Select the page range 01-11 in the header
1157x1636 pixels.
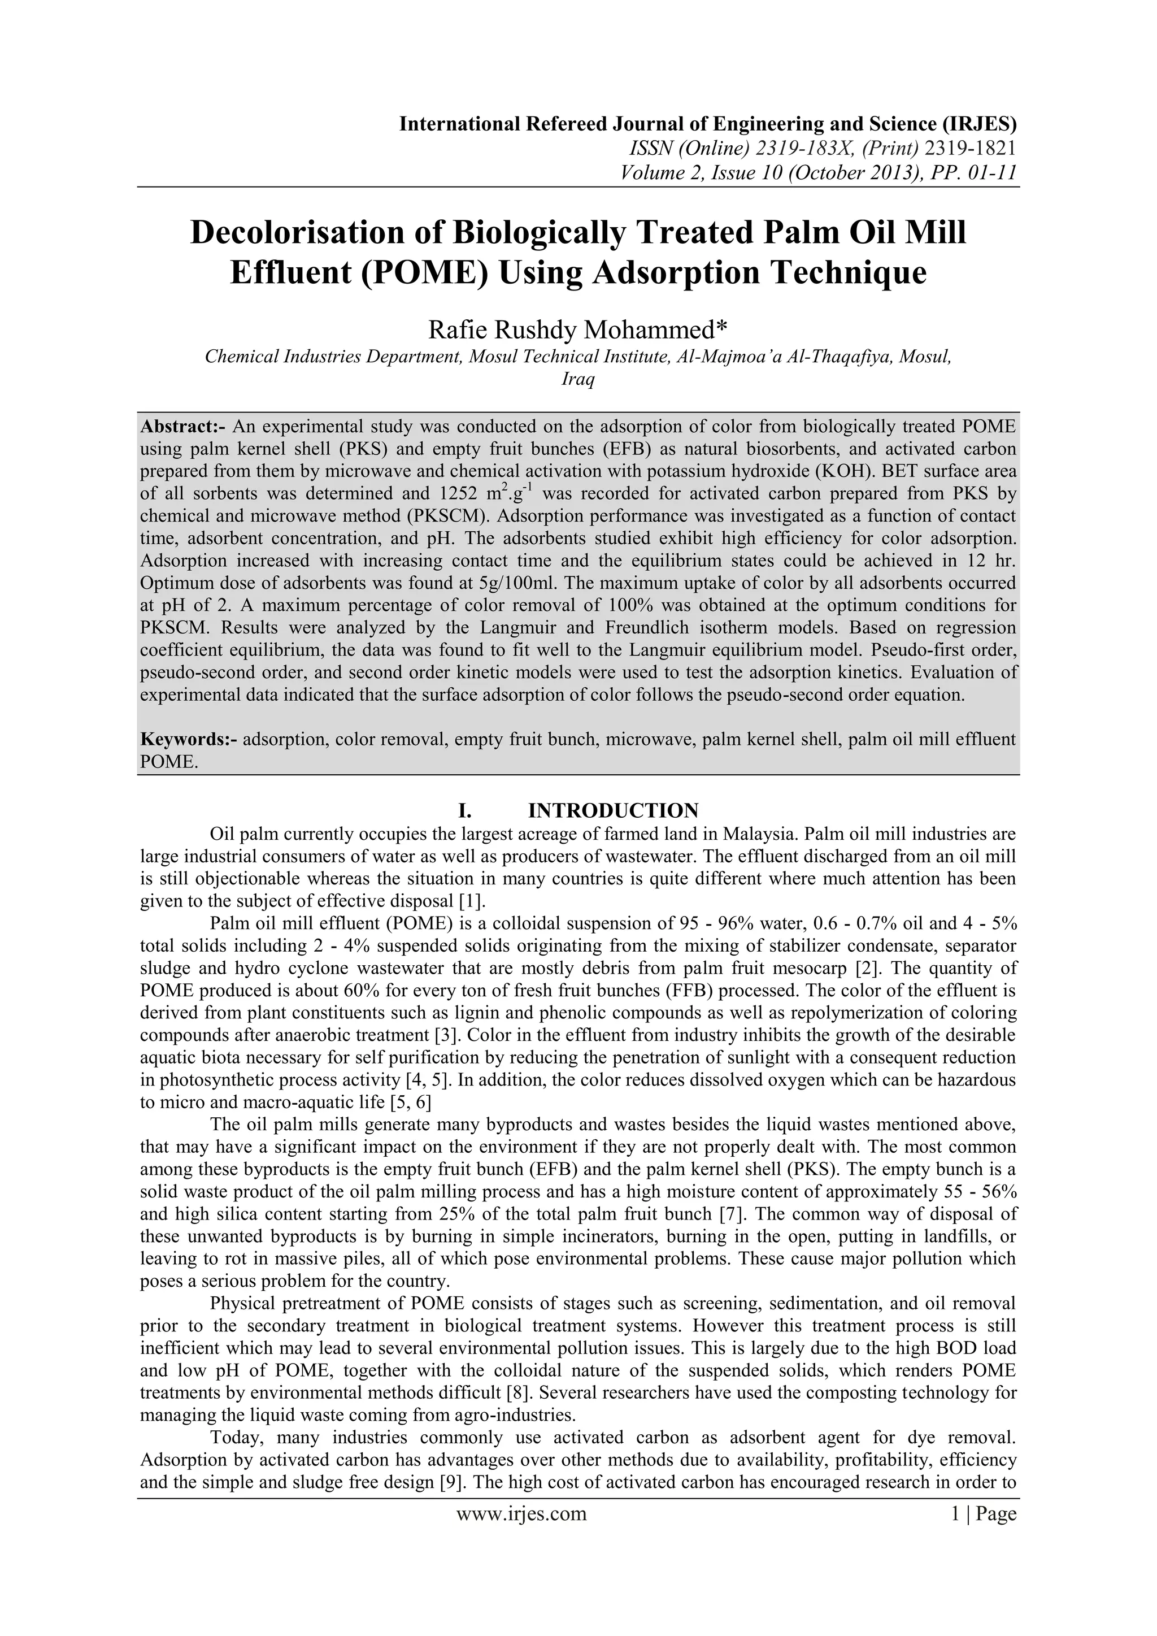click(x=982, y=172)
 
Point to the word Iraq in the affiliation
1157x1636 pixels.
click(x=578, y=379)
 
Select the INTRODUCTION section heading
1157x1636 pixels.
click(x=613, y=811)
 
